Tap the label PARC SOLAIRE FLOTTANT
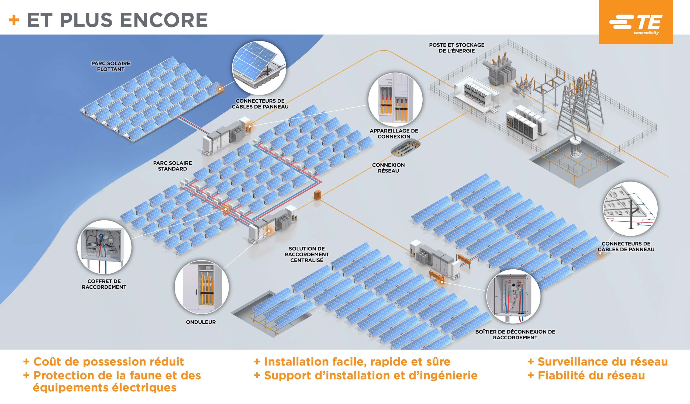[x=111, y=67]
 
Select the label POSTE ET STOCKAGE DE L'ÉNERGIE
[x=456, y=48]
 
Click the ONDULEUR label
[x=201, y=322]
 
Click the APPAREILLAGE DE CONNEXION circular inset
[x=395, y=100]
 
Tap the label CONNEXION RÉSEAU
[x=388, y=168]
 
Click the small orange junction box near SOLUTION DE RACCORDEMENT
[x=317, y=195]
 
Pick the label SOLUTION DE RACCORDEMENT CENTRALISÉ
[x=307, y=254]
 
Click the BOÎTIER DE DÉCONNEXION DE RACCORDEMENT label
[x=515, y=335]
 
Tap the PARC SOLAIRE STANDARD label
[x=172, y=166]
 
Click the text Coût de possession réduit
[x=108, y=362]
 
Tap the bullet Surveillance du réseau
[x=602, y=362]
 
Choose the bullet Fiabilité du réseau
[x=591, y=375]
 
